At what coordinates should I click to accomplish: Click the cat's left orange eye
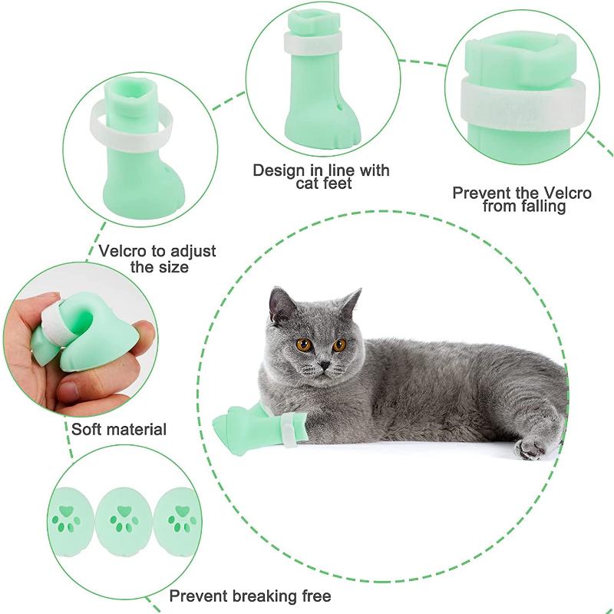coord(305,345)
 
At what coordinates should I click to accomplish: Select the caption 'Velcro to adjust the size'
coord(158,259)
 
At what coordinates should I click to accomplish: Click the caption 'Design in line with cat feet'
coord(322,177)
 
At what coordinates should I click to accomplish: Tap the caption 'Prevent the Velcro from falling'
coord(522,200)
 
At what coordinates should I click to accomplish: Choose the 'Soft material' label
coord(119,429)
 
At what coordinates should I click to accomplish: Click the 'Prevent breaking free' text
coord(250,596)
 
